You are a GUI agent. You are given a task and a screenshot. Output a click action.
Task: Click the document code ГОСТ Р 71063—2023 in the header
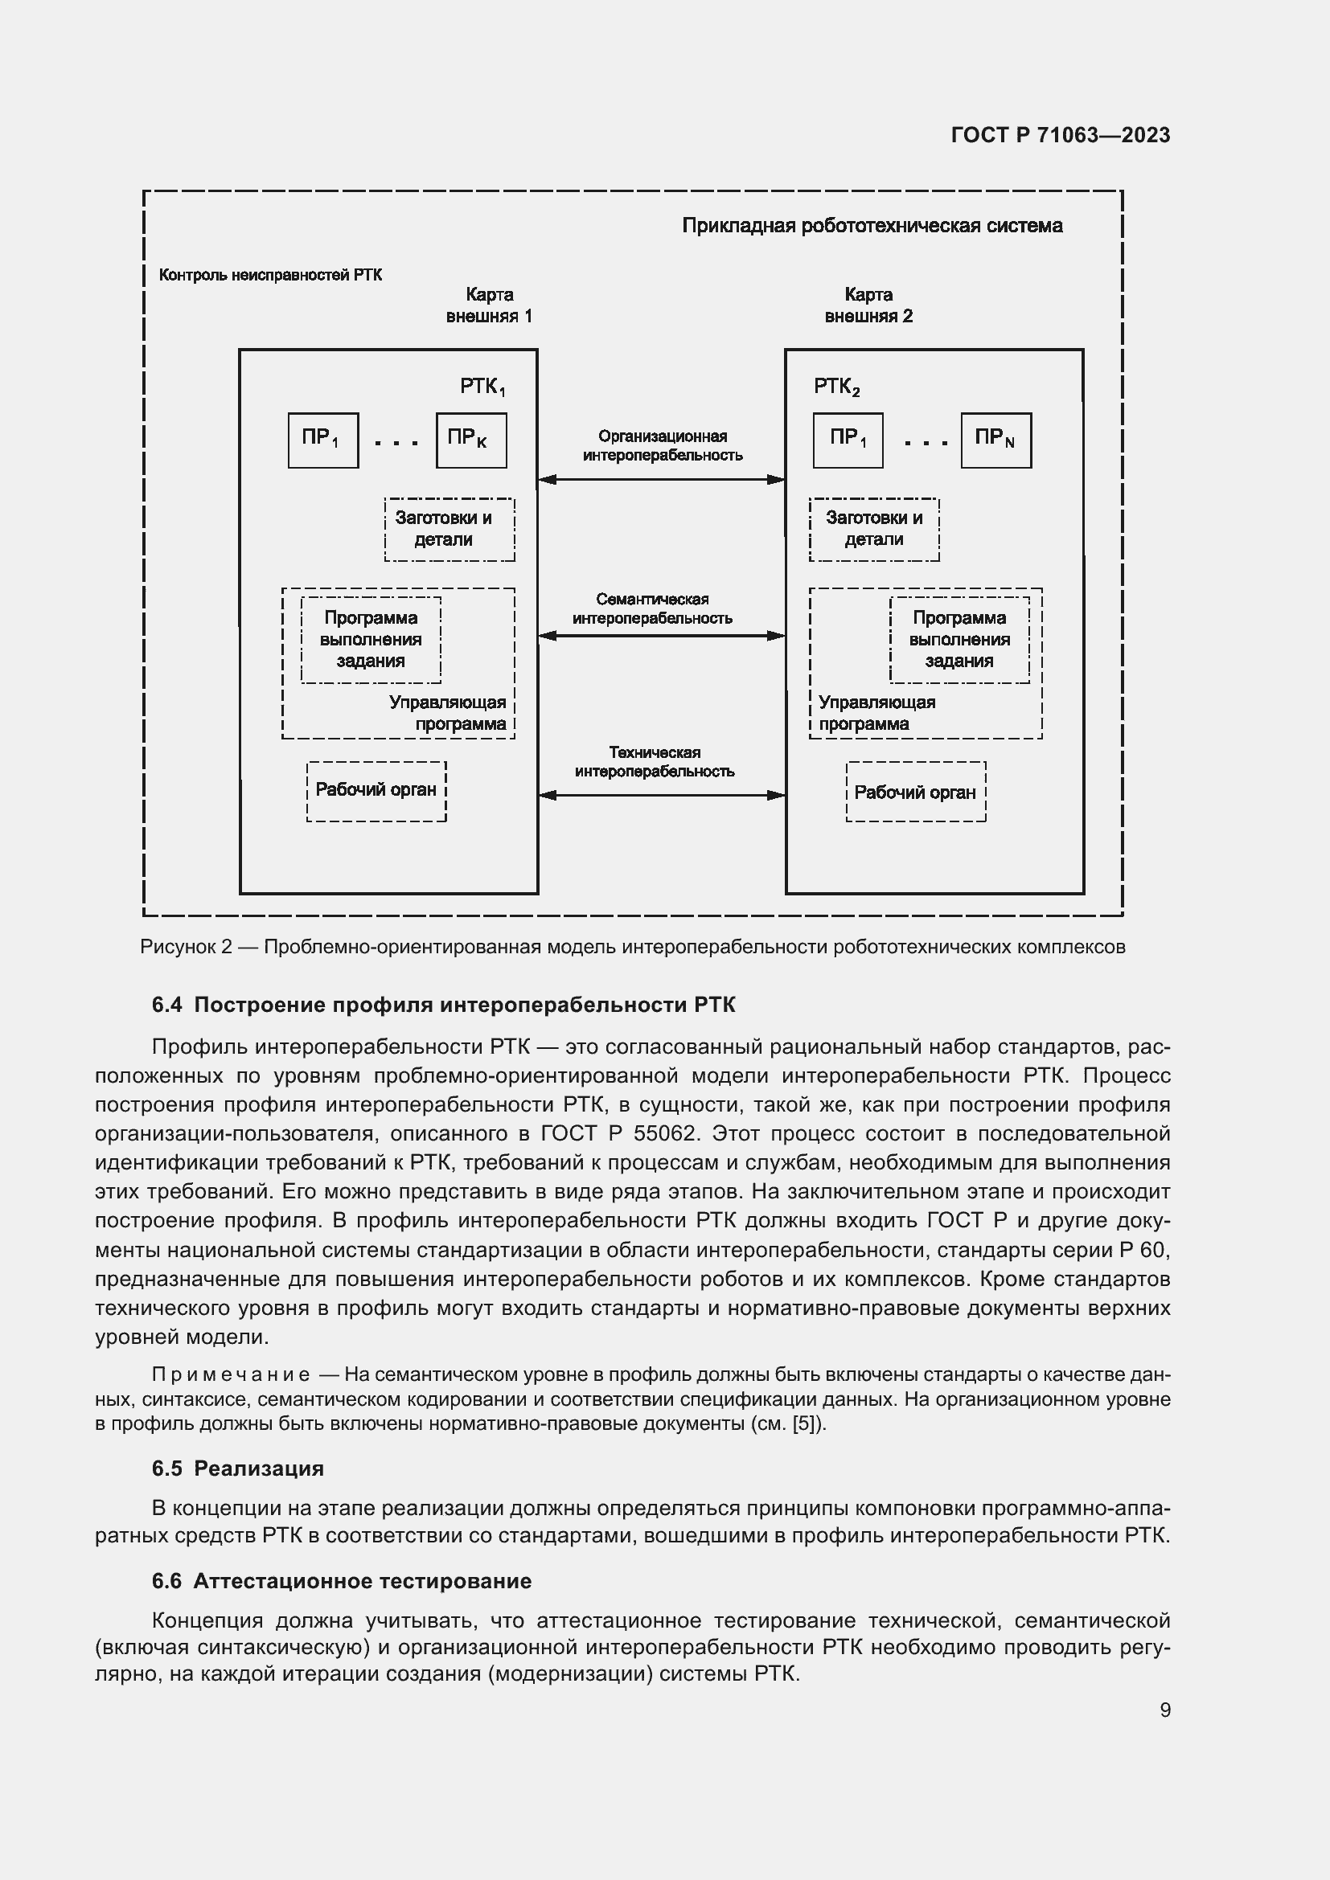(x=1061, y=135)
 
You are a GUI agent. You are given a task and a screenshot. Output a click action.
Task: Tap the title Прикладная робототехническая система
(x=872, y=226)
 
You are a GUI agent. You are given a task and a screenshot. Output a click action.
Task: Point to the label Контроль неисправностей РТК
(x=270, y=275)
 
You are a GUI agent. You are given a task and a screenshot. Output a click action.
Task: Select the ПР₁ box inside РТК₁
(x=322, y=440)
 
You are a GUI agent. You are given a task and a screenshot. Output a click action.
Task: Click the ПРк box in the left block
(x=471, y=440)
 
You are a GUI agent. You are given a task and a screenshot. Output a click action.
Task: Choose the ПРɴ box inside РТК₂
(x=995, y=440)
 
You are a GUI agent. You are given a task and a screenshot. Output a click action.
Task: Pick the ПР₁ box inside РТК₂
(x=848, y=440)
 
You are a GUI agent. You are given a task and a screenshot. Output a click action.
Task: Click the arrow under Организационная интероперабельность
(x=661, y=480)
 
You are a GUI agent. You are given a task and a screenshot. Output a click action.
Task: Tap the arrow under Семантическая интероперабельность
(x=661, y=636)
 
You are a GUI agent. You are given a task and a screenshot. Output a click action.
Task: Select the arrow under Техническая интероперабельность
(x=661, y=794)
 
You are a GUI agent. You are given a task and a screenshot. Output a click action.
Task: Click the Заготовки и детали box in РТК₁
(x=449, y=529)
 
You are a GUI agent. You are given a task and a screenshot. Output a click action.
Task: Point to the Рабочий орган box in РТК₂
(x=916, y=792)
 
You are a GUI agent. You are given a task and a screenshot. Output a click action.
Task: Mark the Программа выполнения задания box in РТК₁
(x=371, y=640)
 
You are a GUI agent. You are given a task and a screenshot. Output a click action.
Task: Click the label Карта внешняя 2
(x=868, y=305)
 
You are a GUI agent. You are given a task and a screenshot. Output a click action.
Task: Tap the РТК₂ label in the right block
(x=837, y=387)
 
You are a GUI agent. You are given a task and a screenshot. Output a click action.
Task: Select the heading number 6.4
(x=167, y=1005)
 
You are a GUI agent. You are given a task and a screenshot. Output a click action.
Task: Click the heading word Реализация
(x=259, y=1468)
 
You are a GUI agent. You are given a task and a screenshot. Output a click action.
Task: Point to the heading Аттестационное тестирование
(x=362, y=1581)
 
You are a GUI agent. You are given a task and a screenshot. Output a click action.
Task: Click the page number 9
(x=1164, y=1710)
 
